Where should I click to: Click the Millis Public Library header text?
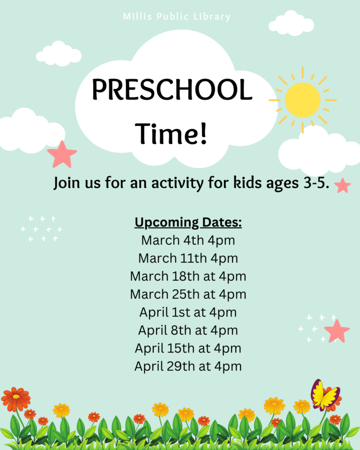(177, 17)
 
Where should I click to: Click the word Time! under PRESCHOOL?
(172, 134)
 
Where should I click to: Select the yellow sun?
(303, 100)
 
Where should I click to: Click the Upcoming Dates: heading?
(188, 222)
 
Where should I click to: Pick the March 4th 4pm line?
(188, 240)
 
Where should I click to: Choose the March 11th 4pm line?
(188, 258)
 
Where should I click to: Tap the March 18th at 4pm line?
(188, 277)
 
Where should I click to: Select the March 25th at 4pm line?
(188, 294)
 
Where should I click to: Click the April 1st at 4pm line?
(188, 312)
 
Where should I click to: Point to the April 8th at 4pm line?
(188, 330)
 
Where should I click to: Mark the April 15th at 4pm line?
(188, 348)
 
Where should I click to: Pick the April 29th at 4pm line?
(188, 367)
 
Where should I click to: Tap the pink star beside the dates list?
(337, 331)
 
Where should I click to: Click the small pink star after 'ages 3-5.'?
(343, 186)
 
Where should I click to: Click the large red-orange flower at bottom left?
(16, 399)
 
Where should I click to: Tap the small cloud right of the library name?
(291, 23)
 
